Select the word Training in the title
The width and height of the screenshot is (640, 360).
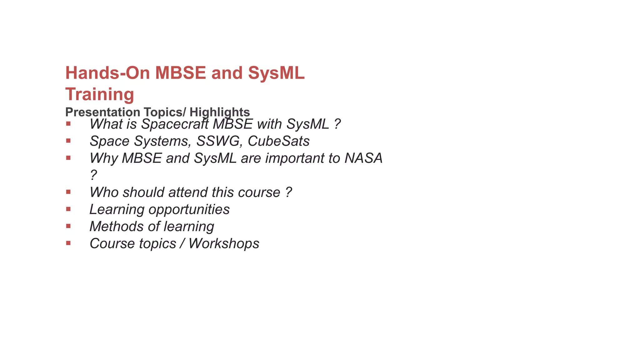click(x=100, y=94)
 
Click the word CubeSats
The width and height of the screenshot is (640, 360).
click(x=278, y=141)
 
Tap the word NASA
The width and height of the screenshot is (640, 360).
click(x=363, y=158)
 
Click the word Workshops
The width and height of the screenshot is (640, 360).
click(x=224, y=244)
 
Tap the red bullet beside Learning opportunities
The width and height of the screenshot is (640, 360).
click(x=68, y=209)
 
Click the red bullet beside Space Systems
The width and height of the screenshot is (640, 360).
click(x=68, y=141)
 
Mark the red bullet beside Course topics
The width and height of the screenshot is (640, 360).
click(x=68, y=243)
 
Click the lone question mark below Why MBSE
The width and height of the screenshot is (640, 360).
click(x=93, y=175)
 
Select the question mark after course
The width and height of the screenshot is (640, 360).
click(x=288, y=192)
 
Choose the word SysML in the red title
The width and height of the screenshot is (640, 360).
click(x=276, y=73)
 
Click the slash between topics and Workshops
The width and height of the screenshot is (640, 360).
click(x=182, y=244)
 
